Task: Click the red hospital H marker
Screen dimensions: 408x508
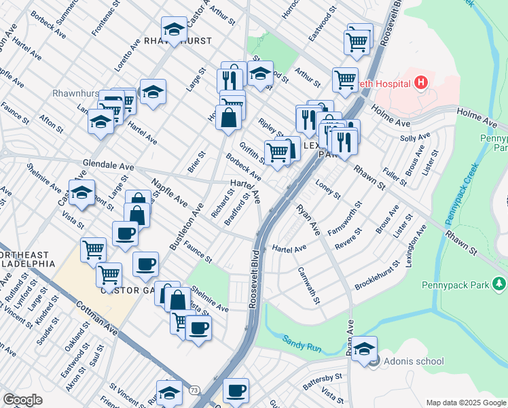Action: [422, 83]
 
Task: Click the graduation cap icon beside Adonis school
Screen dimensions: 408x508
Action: [365, 349]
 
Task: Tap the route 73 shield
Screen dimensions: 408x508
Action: [194, 390]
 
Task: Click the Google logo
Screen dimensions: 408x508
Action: [23, 400]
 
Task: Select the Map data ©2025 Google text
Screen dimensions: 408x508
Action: [466, 403]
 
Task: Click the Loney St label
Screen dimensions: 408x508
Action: [328, 189]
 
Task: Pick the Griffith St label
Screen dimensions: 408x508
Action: [252, 152]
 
